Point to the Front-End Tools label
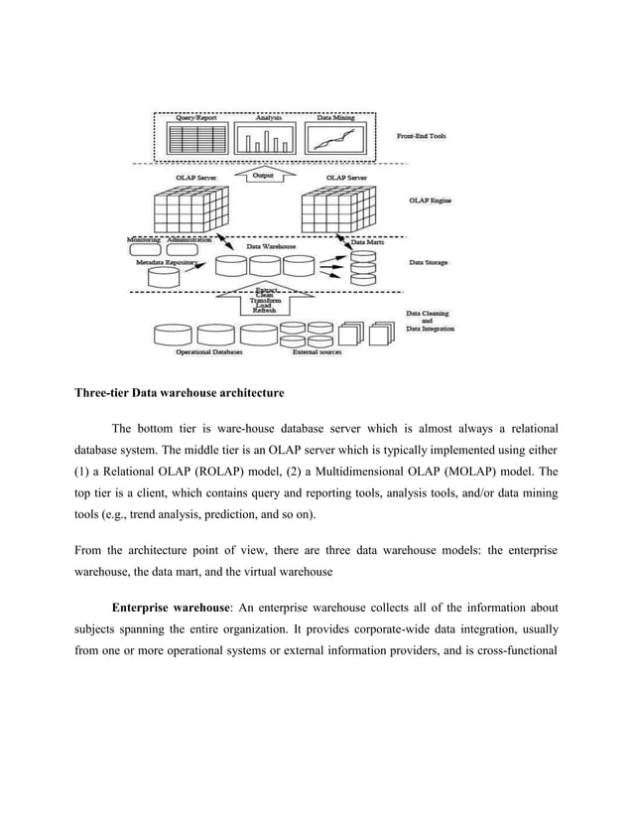[425, 137]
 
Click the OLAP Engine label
[429, 203]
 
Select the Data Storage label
[428, 264]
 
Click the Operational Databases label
[207, 351]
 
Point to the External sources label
[317, 351]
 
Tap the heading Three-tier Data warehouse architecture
[180, 392]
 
